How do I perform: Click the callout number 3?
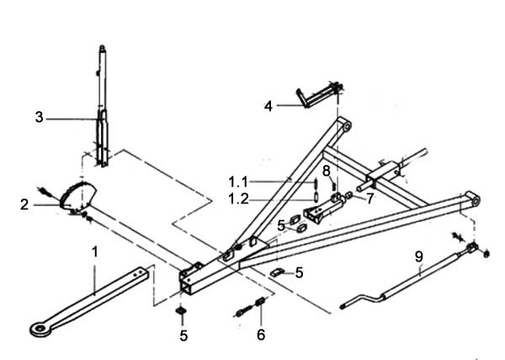pos(39,117)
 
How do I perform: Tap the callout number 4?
pos(268,106)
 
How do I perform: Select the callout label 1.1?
pos(238,182)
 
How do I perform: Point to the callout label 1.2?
pos(238,199)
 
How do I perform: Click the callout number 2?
pos(24,204)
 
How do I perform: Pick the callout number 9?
pos(418,257)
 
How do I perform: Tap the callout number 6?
pos(261,335)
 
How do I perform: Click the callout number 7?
pos(370,199)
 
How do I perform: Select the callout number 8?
pos(327,171)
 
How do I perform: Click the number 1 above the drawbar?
pos(94,251)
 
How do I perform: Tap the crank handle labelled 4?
pos(319,94)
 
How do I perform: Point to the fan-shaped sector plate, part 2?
pos(78,195)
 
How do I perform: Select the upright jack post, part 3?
pos(103,106)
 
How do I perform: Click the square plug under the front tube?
pos(181,310)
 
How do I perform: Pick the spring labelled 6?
pos(260,302)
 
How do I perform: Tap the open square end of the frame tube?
pos(187,283)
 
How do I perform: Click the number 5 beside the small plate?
pos(299,273)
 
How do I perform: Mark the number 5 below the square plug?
pos(183,336)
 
